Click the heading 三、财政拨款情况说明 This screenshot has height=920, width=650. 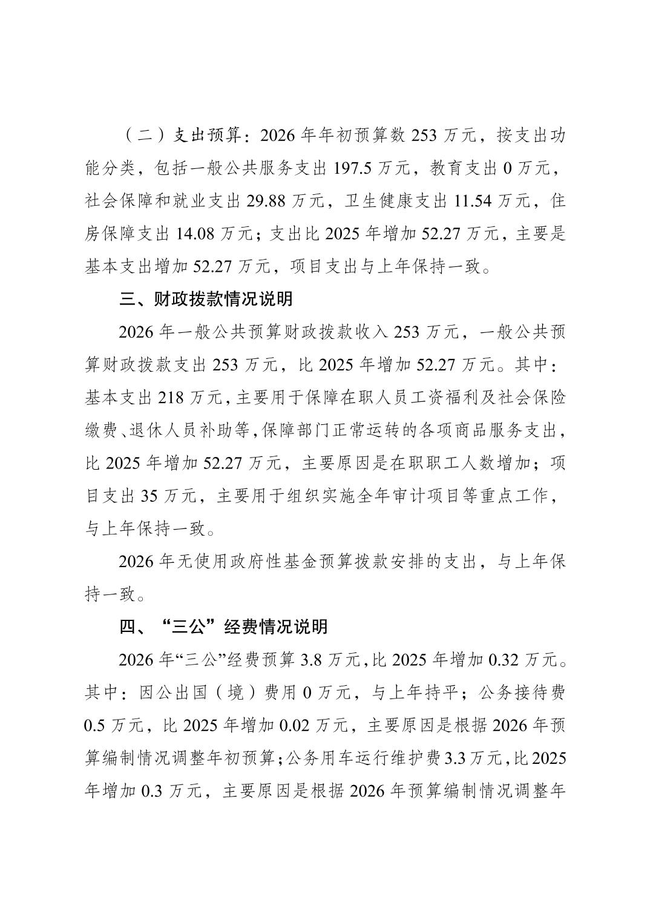(x=206, y=299)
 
